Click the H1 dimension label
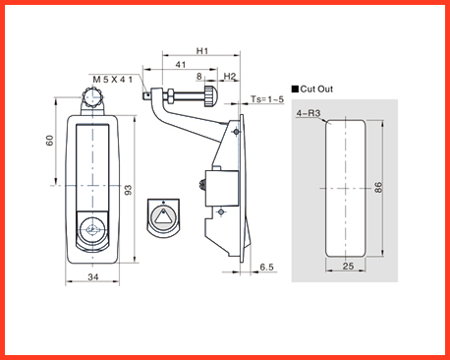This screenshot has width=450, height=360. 202,51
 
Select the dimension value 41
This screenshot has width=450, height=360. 181,65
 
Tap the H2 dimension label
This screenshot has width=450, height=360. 230,77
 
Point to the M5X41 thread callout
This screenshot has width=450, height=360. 113,80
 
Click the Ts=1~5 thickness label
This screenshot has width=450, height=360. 267,99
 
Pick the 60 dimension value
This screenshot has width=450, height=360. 49,141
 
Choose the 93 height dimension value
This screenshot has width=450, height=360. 129,190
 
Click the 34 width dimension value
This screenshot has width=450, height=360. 93,277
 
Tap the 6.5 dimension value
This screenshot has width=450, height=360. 266,267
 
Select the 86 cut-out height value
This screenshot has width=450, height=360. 378,188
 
